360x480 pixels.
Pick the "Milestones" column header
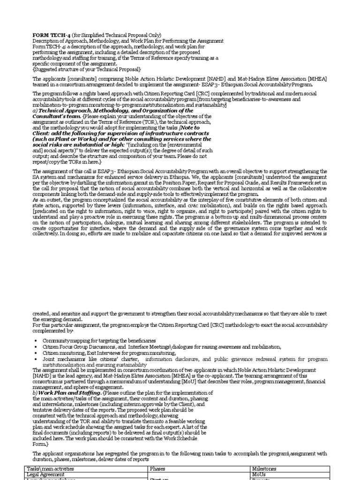point(264,469)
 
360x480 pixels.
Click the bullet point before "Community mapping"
point(36,340)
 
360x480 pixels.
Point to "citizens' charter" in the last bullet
point(123,359)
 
